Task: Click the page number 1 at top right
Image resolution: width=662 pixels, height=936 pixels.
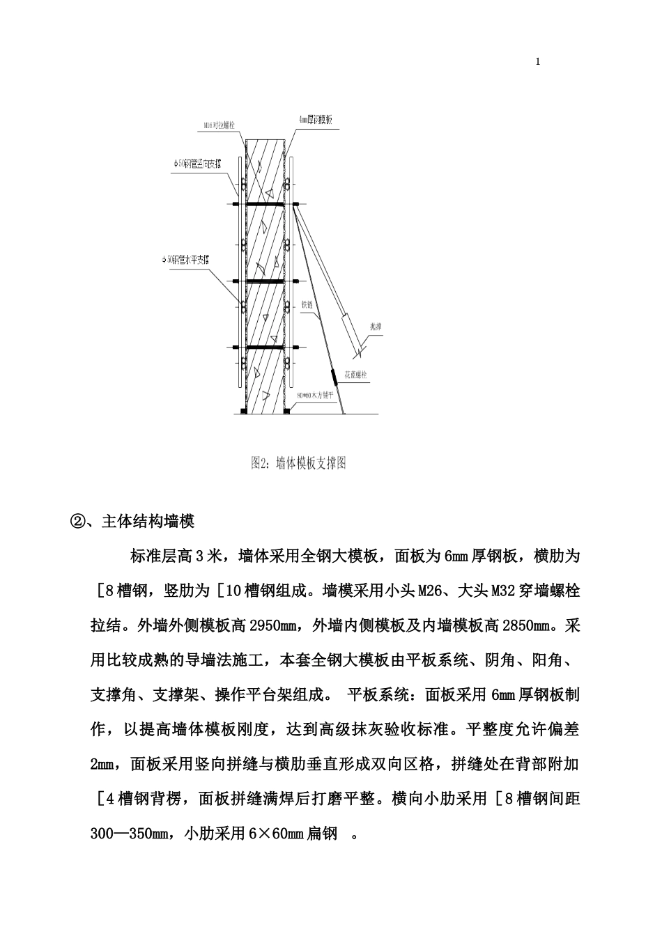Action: [x=537, y=61]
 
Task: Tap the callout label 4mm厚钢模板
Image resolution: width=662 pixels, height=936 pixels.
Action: [x=315, y=120]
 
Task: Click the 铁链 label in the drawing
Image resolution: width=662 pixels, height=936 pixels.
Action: [x=307, y=304]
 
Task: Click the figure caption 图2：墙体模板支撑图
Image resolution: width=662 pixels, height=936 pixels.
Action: [x=298, y=463]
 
